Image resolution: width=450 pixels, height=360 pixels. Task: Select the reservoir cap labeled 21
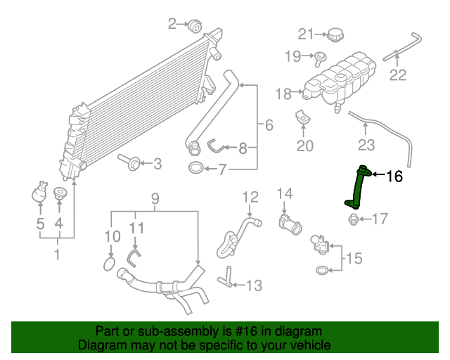335,34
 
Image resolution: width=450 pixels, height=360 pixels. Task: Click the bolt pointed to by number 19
320,56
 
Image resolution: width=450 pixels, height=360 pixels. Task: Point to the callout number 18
283,94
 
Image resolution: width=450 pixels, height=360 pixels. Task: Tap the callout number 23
366,146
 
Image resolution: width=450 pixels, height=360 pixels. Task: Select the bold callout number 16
395,176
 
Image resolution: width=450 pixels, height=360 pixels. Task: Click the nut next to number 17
352,220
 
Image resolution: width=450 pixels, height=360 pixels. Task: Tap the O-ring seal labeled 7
196,169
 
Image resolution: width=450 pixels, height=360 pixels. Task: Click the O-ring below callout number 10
109,264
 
